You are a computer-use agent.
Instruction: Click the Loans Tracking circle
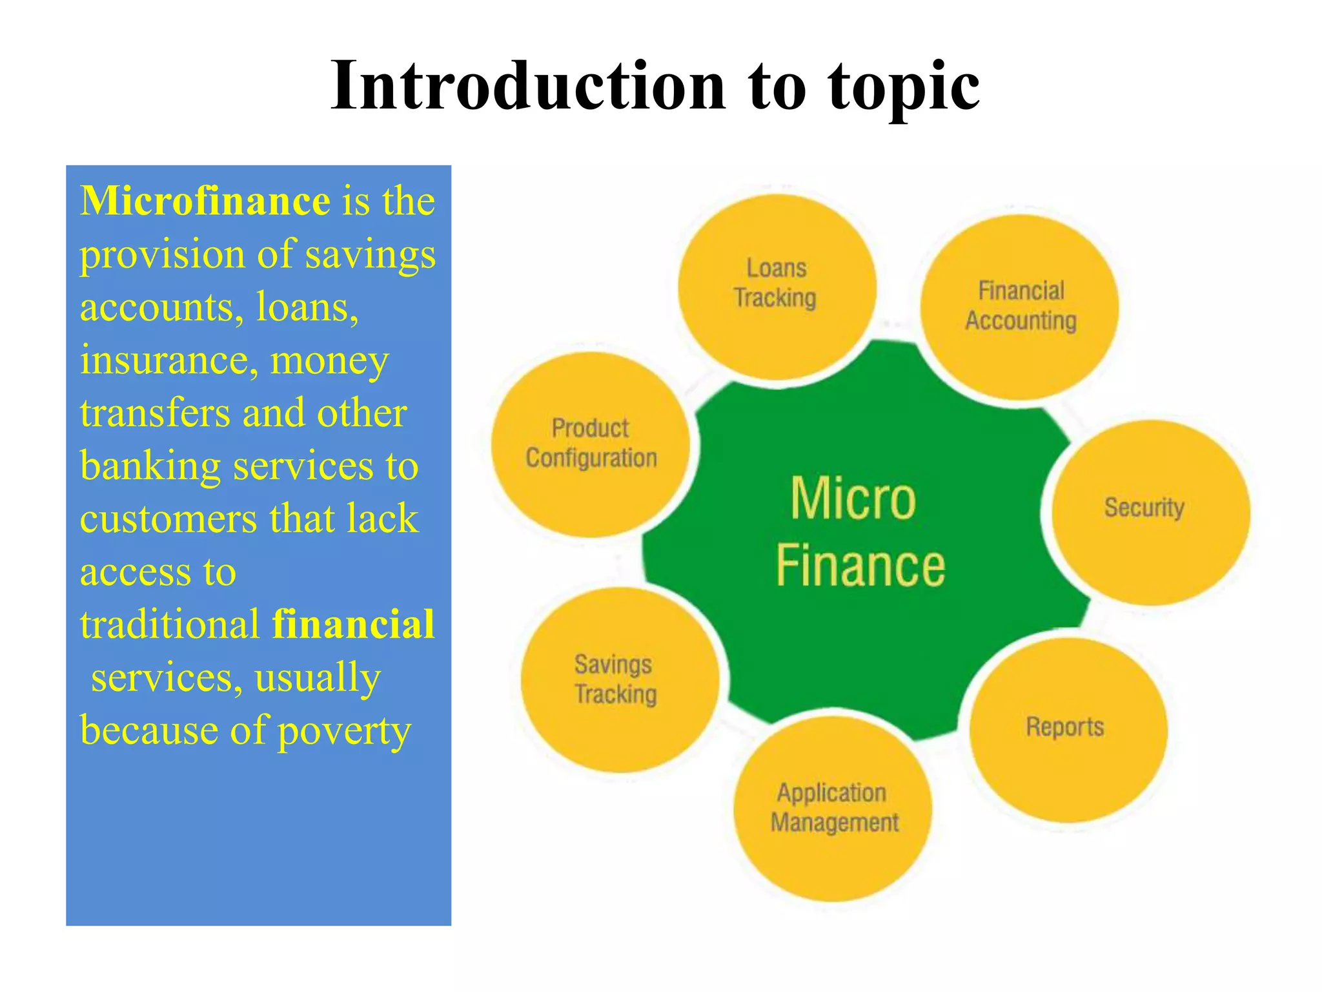tap(777, 287)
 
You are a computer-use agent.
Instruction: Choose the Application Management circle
tap(833, 808)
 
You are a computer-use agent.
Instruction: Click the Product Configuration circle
tap(591, 445)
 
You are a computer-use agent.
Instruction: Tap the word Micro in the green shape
tap(853, 499)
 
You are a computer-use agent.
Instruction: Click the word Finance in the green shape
tap(860, 566)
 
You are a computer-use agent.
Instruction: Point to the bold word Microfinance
tap(205, 201)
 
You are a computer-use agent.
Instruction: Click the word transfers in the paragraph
tap(155, 413)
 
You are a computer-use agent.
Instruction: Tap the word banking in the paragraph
tap(150, 467)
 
